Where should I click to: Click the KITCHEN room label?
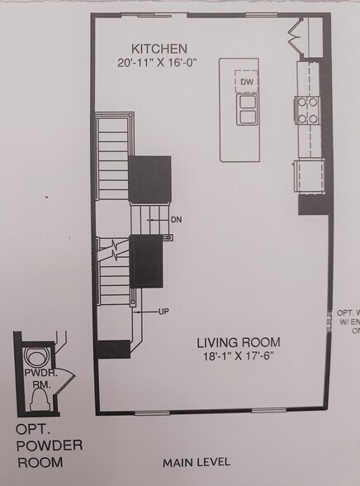pos(163,49)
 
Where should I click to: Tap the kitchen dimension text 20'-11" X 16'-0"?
pos(163,61)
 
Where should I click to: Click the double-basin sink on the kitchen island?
pos(246,109)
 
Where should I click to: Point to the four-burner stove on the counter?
pos(308,110)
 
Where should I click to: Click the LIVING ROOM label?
pos(239,341)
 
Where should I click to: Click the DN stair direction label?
pos(176,220)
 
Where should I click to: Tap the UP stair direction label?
pos(163,312)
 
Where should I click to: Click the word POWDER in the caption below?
pos(49,446)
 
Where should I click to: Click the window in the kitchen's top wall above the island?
pos(257,15)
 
